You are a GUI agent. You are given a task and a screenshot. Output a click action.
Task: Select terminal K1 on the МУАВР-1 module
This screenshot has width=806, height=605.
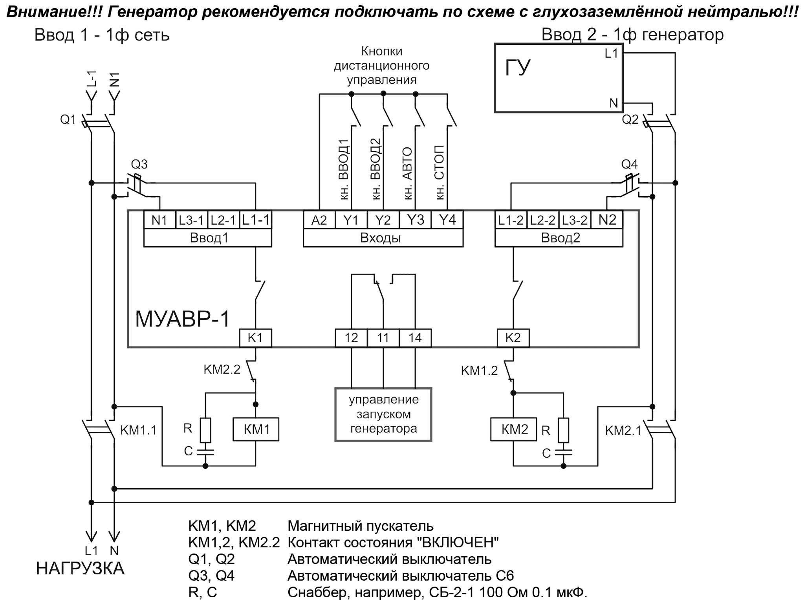click(255, 337)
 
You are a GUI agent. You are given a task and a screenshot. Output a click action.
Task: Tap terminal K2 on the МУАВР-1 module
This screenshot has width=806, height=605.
click(513, 337)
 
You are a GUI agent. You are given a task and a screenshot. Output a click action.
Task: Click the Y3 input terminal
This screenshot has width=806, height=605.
click(415, 220)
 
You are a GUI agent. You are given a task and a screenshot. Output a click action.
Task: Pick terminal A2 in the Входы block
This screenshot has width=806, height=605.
click(319, 220)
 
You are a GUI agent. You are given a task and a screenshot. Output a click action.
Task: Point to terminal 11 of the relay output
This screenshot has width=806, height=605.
click(383, 337)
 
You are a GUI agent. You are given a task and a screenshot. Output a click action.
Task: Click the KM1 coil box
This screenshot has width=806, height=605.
click(256, 429)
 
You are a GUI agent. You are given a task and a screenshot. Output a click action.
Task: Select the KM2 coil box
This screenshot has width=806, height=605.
click(514, 429)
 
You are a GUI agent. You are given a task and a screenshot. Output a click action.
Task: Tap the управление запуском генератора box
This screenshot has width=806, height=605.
click(383, 414)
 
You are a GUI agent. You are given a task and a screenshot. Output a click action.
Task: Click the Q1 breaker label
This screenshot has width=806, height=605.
click(68, 119)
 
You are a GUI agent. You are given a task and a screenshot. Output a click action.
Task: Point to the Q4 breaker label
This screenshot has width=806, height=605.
click(629, 164)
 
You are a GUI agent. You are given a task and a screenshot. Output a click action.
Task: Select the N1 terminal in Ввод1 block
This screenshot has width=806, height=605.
click(159, 220)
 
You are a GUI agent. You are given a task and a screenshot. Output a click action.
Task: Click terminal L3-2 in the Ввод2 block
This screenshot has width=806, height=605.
click(575, 220)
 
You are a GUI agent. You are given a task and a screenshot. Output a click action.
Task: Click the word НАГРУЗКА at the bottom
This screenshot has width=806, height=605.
click(80, 569)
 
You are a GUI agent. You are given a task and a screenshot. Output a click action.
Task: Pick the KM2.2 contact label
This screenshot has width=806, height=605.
click(222, 369)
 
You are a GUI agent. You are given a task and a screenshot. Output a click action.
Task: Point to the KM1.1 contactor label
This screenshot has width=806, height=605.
click(138, 430)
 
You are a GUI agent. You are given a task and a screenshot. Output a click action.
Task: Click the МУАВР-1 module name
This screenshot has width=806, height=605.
click(182, 319)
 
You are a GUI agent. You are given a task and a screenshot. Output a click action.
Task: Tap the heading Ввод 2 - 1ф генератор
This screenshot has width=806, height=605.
click(632, 35)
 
